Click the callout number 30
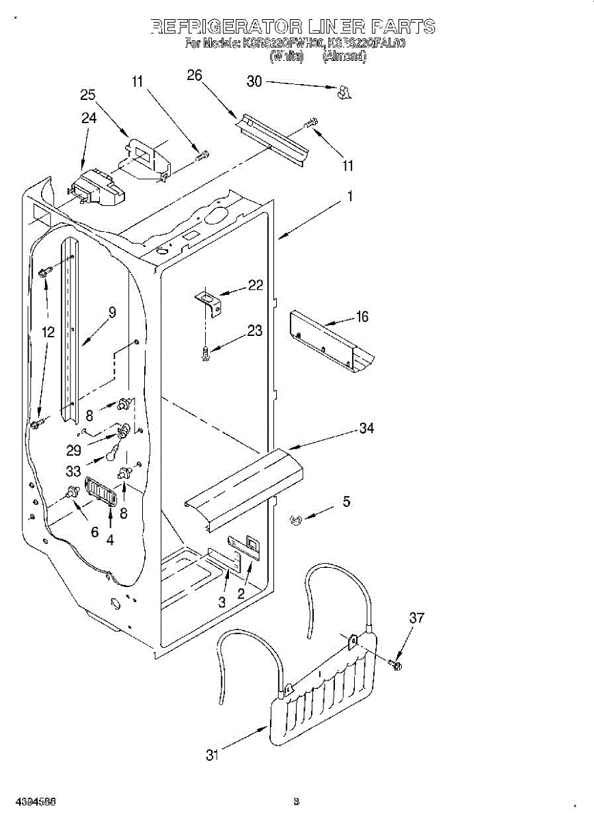coord(254,81)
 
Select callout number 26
coord(195,75)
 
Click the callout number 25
coord(87,95)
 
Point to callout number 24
coord(89,118)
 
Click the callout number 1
coord(349,196)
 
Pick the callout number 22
coord(255,285)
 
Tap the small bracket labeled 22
coord(209,302)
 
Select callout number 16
coord(362,316)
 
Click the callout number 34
coord(367,428)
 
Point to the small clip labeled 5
coord(296,521)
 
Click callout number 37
coord(416,618)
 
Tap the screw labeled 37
coord(397,664)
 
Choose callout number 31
coord(213,755)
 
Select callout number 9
coord(111,312)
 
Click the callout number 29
coord(74,450)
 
